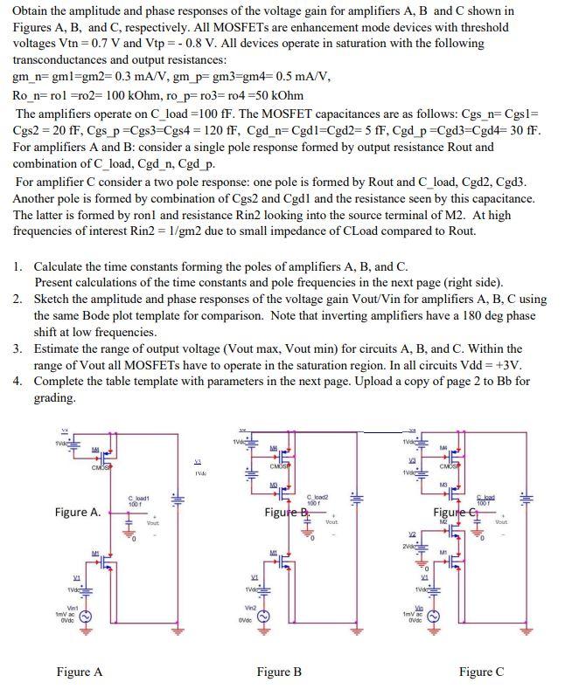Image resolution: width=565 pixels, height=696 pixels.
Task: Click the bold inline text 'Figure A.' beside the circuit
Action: (x=77, y=512)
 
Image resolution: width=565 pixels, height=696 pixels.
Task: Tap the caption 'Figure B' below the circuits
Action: (x=279, y=672)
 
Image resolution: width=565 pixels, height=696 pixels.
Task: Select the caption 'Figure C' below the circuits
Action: (x=481, y=672)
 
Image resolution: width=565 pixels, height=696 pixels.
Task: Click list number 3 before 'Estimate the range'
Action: (x=17, y=348)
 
